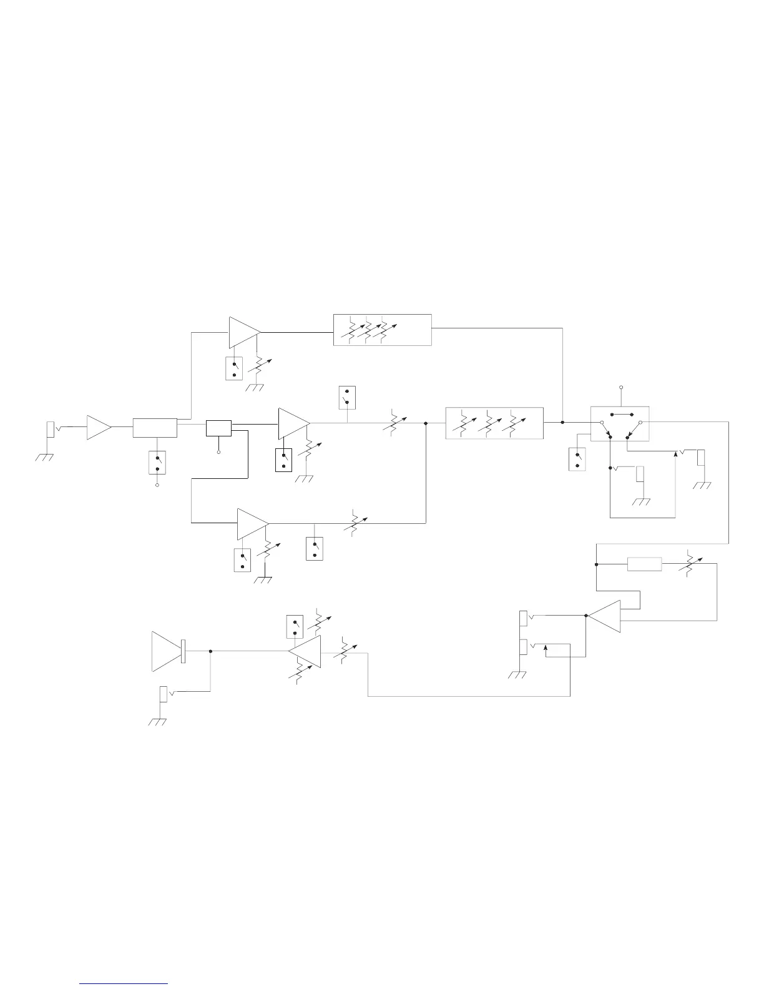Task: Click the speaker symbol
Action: coord(167,651)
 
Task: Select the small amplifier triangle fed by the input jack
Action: coord(98,427)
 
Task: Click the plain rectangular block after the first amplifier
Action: coord(155,428)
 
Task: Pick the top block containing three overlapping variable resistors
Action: coord(382,330)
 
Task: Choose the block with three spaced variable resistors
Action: coord(494,423)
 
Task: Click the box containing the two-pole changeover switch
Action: coord(620,424)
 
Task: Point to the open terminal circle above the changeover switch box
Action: coord(620,388)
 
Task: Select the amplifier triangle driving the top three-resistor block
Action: coord(243,332)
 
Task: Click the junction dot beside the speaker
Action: coord(210,651)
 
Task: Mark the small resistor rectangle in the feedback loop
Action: coord(644,564)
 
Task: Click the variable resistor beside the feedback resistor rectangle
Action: coord(689,564)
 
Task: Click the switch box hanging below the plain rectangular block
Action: coord(157,462)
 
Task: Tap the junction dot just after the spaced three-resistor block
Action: coord(562,423)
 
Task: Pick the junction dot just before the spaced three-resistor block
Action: coord(426,423)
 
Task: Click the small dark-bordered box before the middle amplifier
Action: coord(218,428)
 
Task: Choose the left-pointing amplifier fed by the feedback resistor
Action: coord(605,616)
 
